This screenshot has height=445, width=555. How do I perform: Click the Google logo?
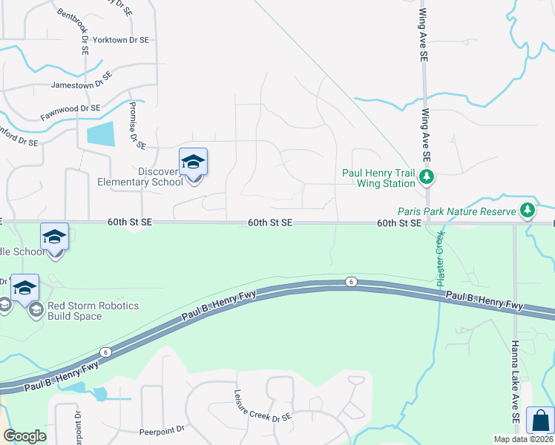click(25, 436)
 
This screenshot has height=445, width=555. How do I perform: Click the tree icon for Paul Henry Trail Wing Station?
click(427, 177)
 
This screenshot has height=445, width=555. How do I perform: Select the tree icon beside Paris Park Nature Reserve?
click(528, 211)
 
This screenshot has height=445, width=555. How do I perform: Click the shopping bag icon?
click(539, 420)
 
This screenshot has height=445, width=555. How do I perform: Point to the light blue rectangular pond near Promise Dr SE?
click(101, 133)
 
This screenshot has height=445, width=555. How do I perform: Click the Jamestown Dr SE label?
click(82, 84)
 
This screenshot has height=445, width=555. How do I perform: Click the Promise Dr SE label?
click(134, 124)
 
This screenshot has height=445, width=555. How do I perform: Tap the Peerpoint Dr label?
click(161, 431)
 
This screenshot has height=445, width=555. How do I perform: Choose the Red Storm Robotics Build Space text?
click(93, 311)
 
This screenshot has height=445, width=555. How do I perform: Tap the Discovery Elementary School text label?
click(140, 177)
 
